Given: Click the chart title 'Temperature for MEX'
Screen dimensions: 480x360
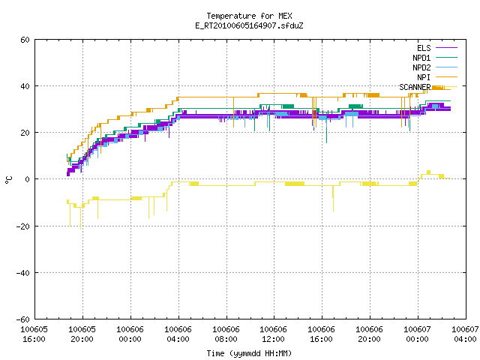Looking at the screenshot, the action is pyautogui.click(x=249, y=16).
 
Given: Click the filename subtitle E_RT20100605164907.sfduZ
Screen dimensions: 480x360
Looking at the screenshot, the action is pyautogui.click(x=249, y=25).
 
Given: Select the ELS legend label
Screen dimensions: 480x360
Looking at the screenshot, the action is pyautogui.click(x=424, y=48).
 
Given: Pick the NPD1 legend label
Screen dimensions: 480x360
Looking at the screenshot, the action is pyautogui.click(x=421, y=58).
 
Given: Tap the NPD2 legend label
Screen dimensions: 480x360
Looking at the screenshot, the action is pyautogui.click(x=421, y=67).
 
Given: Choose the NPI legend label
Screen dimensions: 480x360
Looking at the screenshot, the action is pyautogui.click(x=424, y=77).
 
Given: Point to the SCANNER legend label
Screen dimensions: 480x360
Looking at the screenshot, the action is pyautogui.click(x=415, y=87).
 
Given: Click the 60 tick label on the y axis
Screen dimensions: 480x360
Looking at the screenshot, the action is pyautogui.click(x=25, y=40).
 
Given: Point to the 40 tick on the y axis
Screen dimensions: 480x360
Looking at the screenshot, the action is pyautogui.click(x=25, y=86).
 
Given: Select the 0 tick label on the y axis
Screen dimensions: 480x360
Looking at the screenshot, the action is pyautogui.click(x=27, y=179).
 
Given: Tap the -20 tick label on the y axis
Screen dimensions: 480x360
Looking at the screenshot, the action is pyautogui.click(x=23, y=226).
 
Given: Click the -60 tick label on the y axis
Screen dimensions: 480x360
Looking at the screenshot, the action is pyautogui.click(x=23, y=319).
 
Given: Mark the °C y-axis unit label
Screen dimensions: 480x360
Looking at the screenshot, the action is pyautogui.click(x=8, y=180).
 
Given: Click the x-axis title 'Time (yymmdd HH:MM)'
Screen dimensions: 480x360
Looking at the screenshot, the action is pyautogui.click(x=249, y=353).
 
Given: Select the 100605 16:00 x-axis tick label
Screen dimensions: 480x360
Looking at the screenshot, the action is pyautogui.click(x=34, y=334).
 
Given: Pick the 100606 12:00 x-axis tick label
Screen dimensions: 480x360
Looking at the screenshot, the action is pyautogui.click(x=273, y=334).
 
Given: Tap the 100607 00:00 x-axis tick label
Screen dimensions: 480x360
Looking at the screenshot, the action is pyautogui.click(x=417, y=334).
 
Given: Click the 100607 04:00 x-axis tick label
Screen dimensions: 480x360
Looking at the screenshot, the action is pyautogui.click(x=465, y=334).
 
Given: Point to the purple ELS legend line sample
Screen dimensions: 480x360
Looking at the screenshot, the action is pyautogui.click(x=446, y=48).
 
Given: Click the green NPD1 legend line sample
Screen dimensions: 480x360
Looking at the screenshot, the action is pyautogui.click(x=446, y=57).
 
